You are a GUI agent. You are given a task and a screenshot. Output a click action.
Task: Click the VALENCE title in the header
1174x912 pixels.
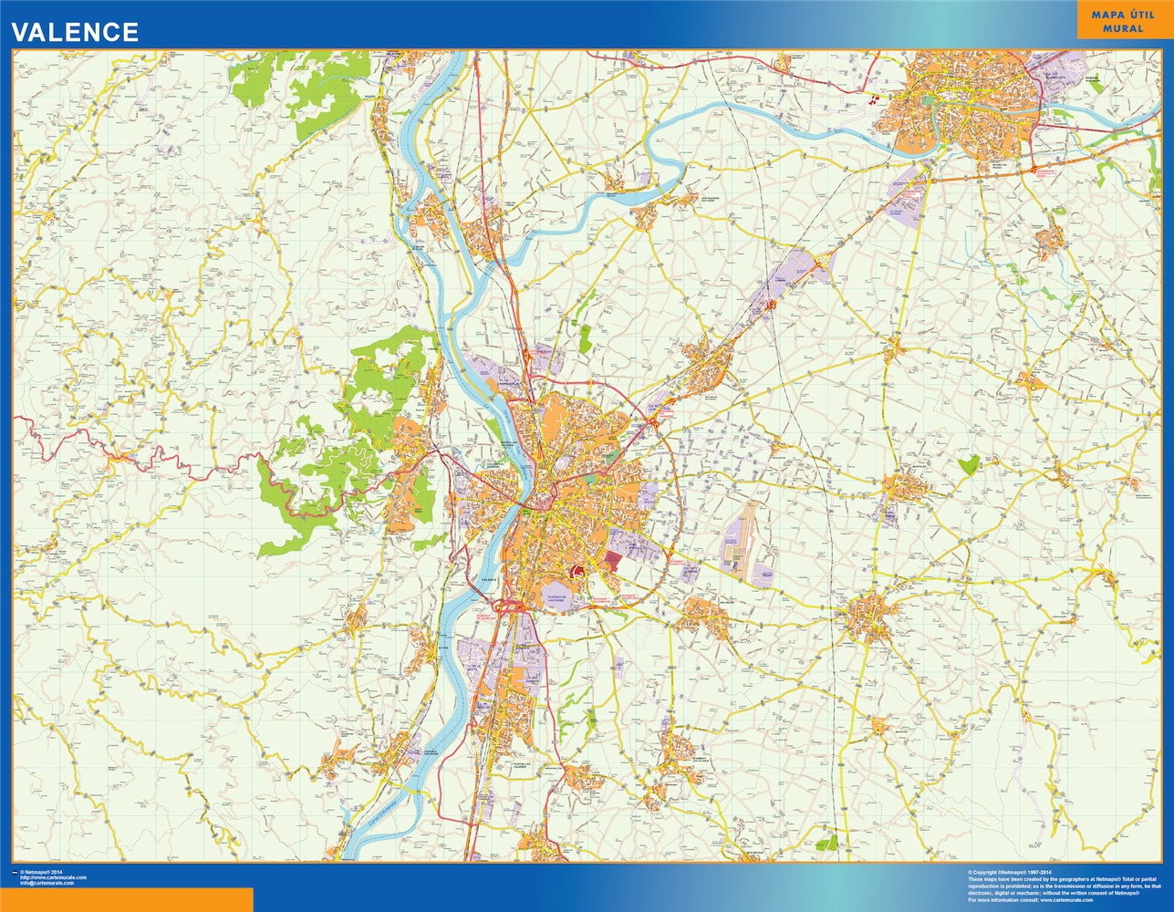[75, 32]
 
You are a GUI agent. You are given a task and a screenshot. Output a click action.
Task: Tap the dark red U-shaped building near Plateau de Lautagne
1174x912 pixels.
[577, 572]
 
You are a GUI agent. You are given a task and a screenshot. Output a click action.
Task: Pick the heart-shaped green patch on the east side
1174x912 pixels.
[968, 464]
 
